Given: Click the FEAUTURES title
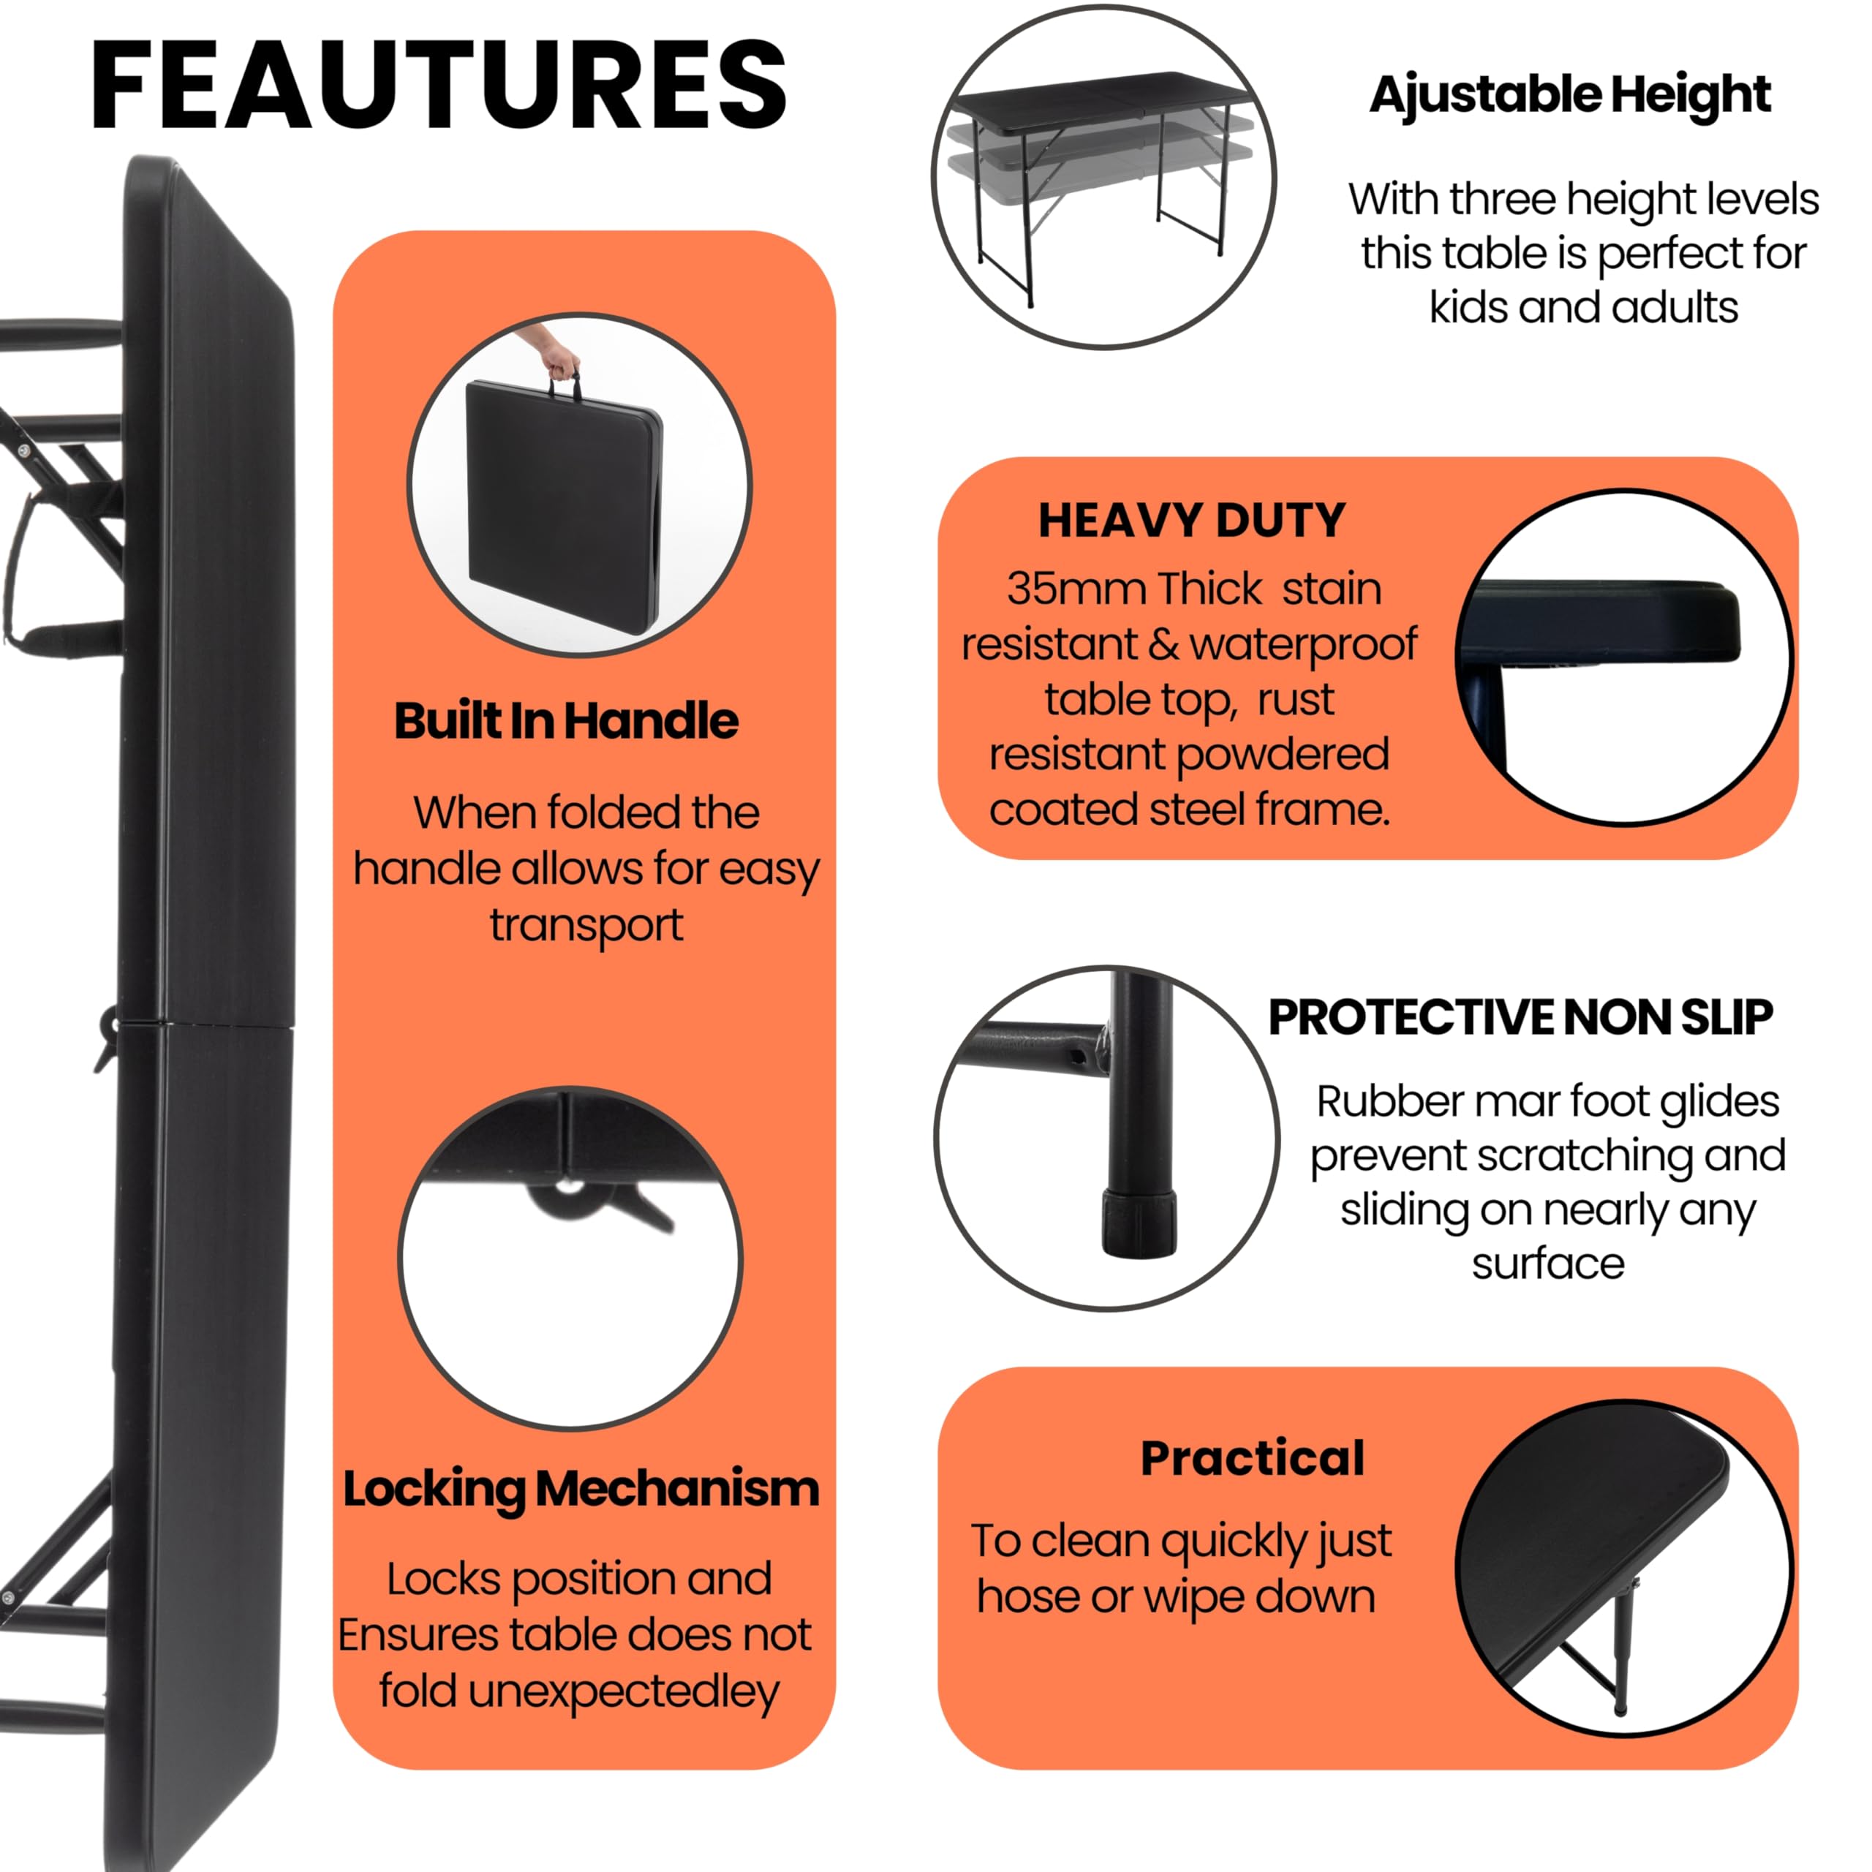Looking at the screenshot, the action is click(439, 86).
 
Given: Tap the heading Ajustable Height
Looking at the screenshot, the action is click(1570, 96).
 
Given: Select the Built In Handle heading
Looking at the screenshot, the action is click(566, 721).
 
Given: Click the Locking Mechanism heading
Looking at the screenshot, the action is click(581, 1490).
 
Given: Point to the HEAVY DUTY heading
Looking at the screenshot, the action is click(1192, 521).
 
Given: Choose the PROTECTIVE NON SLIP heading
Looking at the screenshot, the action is click(1521, 1017).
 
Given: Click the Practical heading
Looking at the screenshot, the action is click(1253, 1458).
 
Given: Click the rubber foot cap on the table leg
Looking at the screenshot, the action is click(1139, 1224).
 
